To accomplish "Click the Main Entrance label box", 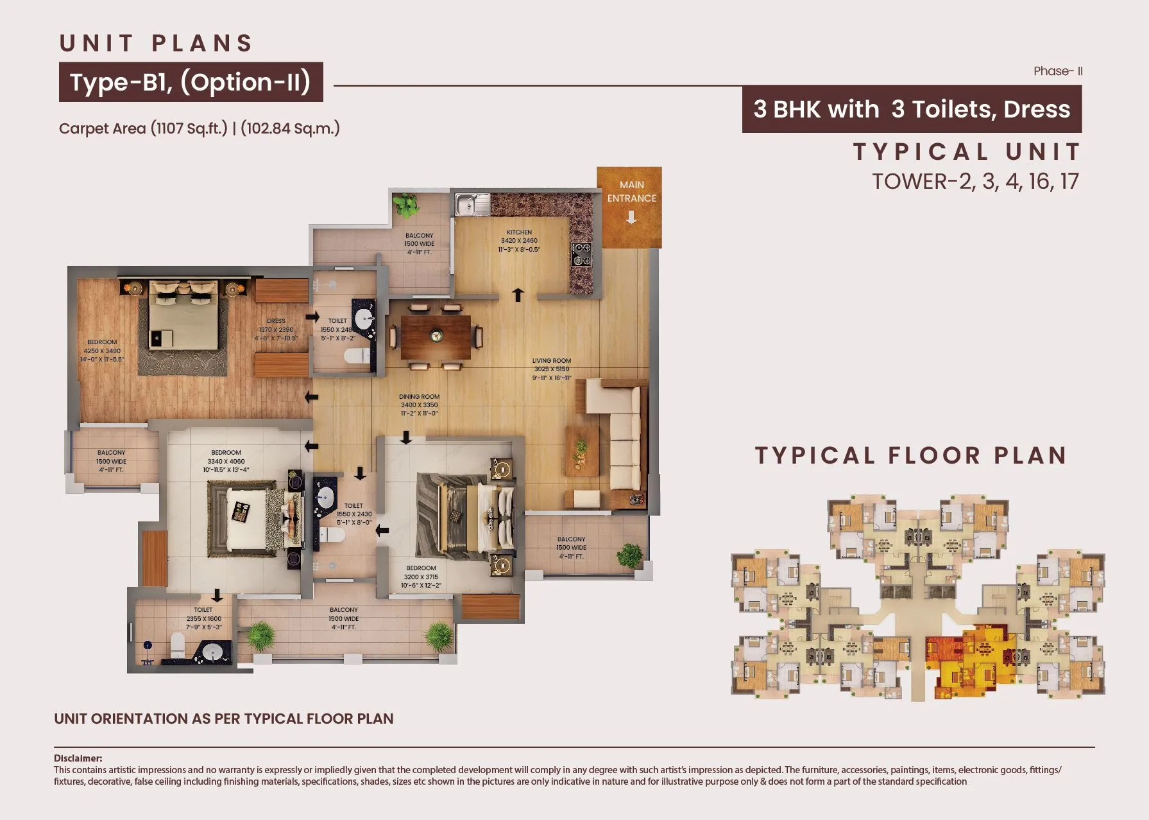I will [629, 207].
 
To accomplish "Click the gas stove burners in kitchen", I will [581, 254].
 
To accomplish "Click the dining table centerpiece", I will [436, 335].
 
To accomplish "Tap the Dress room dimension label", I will [276, 329].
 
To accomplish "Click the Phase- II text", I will [1058, 71].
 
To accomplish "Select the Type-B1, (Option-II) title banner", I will [191, 82].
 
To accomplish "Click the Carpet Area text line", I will [199, 128].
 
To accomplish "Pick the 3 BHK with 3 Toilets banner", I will [911, 109].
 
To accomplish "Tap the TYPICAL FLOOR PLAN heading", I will [911, 455].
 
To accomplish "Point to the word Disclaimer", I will [78, 758].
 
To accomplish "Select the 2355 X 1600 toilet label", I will [203, 618].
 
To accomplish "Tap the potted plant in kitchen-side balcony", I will [405, 205].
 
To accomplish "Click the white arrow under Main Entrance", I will [631, 218].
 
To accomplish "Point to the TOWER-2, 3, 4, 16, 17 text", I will [975, 182].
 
